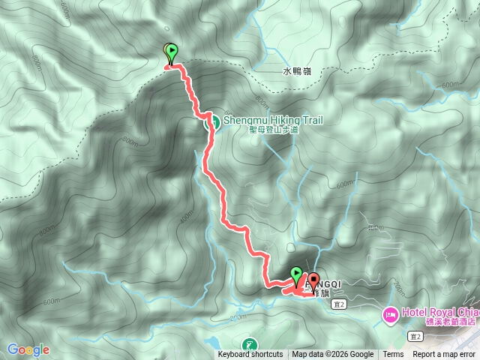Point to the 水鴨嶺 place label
tap(297, 71)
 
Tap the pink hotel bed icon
tap(390, 313)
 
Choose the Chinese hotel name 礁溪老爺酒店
tap(448, 322)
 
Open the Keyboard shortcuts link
tap(250, 355)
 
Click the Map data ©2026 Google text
tap(333, 355)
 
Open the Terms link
tap(393, 355)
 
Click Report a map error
tap(445, 355)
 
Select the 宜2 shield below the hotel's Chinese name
tap(416, 337)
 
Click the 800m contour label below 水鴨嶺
tap(260, 100)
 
